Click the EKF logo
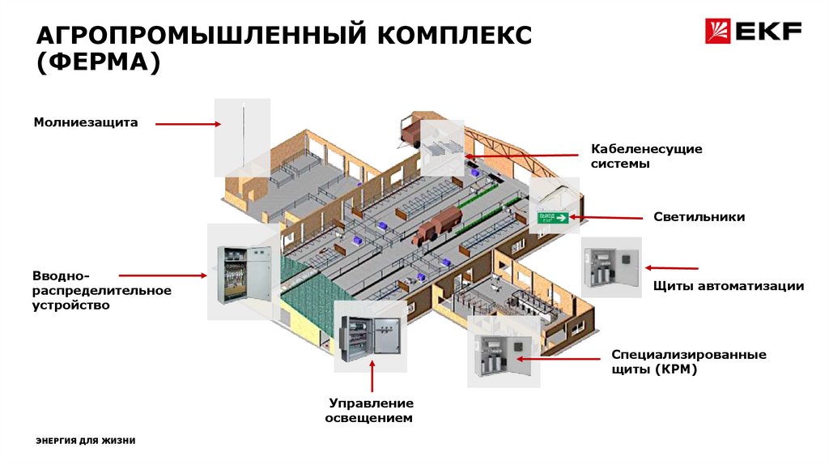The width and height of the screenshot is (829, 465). pyautogui.click(x=753, y=32)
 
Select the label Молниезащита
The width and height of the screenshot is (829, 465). pyautogui.click(x=86, y=123)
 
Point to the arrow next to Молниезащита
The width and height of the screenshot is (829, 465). pyautogui.click(x=188, y=124)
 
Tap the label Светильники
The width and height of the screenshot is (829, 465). pyautogui.click(x=699, y=217)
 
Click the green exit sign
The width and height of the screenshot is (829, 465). pyautogui.click(x=554, y=217)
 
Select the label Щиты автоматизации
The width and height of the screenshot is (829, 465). pyautogui.click(x=728, y=286)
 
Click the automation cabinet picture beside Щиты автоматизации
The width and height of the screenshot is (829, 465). pyautogui.click(x=610, y=267)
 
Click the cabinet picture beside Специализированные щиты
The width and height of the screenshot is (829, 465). pyautogui.click(x=502, y=351)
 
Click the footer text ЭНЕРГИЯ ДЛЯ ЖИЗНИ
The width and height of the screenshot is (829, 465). pyautogui.click(x=86, y=441)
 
